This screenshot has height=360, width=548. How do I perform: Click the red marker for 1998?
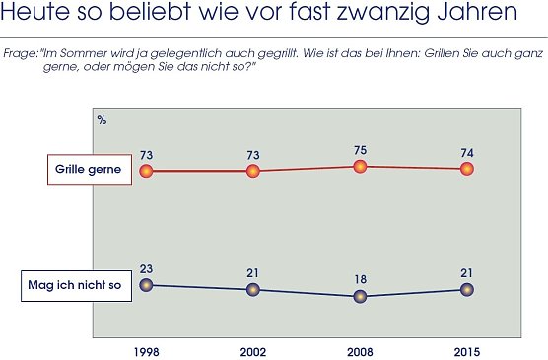coord(146,171)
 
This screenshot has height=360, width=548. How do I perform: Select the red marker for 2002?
coord(253,171)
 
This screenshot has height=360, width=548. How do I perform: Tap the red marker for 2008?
coord(360,166)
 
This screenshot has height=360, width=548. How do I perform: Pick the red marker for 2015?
coord(467,169)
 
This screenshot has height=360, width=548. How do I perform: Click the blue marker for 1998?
coord(146,285)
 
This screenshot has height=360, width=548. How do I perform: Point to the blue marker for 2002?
coord(253,290)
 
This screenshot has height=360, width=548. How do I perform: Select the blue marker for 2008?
coord(360,296)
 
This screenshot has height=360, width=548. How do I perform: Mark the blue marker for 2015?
coord(467,289)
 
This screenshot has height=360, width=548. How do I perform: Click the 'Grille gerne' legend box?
coord(88,170)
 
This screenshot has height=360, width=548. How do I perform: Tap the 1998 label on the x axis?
coord(146,351)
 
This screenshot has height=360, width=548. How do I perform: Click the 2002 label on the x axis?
coord(253,351)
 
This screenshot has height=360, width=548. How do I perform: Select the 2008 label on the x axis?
coord(360,351)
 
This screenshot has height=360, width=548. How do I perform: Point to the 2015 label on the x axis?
coord(467,351)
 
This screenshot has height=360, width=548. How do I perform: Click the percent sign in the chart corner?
coord(102,119)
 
